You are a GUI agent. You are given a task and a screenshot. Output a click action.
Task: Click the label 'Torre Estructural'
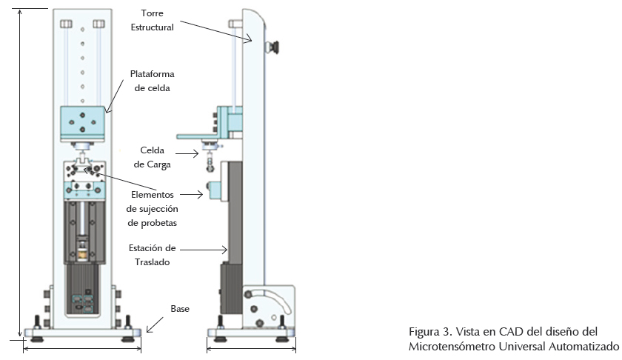click(x=153, y=20)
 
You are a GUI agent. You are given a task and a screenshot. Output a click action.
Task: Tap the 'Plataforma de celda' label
click(x=153, y=81)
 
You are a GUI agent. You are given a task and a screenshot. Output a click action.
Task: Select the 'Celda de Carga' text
click(x=153, y=157)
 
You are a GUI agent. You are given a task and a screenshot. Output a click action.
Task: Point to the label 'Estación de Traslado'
click(x=153, y=255)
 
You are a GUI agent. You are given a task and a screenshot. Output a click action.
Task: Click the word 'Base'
click(x=180, y=308)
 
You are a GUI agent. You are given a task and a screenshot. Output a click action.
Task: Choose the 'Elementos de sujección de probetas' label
click(x=153, y=209)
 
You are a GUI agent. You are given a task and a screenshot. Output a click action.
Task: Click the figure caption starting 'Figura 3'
click(x=513, y=339)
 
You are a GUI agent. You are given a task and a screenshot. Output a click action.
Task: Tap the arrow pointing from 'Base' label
click(x=155, y=324)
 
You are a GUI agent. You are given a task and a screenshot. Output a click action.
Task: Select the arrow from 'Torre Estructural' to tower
click(x=216, y=31)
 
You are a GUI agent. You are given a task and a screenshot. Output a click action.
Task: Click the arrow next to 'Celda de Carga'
click(x=187, y=153)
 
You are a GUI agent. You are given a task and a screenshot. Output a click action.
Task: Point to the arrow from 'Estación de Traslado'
click(x=204, y=250)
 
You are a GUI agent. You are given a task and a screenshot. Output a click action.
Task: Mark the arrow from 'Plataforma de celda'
click(x=115, y=96)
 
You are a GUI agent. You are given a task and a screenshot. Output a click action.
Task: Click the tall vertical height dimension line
click(x=20, y=173)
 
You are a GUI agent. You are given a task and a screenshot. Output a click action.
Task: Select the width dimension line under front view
click(x=82, y=349)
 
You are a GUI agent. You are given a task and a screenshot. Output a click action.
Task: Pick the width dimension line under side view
click(x=252, y=349)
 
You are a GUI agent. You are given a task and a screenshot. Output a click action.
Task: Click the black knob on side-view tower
click(x=272, y=47)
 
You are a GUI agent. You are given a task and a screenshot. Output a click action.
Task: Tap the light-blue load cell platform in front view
click(x=82, y=124)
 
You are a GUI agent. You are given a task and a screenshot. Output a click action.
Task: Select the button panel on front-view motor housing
click(x=82, y=304)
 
